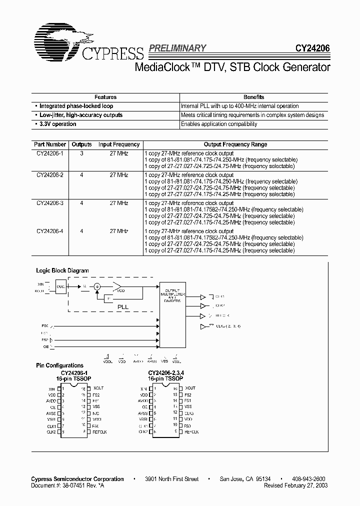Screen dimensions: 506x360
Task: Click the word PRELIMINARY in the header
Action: [177, 48]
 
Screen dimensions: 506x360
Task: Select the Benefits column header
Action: [253, 97]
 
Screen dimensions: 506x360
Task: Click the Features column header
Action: [105, 97]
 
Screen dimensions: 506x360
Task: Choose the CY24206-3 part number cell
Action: [50, 203]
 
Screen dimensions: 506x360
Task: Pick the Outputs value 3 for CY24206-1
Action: [81, 153]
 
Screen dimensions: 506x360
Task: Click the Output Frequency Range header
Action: [235, 144]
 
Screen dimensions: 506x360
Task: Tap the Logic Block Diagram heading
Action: [62, 270]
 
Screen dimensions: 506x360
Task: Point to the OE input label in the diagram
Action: [45, 346]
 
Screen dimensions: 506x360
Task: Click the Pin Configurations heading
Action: [59, 365]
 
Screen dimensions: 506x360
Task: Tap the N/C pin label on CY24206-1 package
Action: [96, 413]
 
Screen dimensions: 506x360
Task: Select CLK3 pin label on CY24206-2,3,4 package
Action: [189, 413]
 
